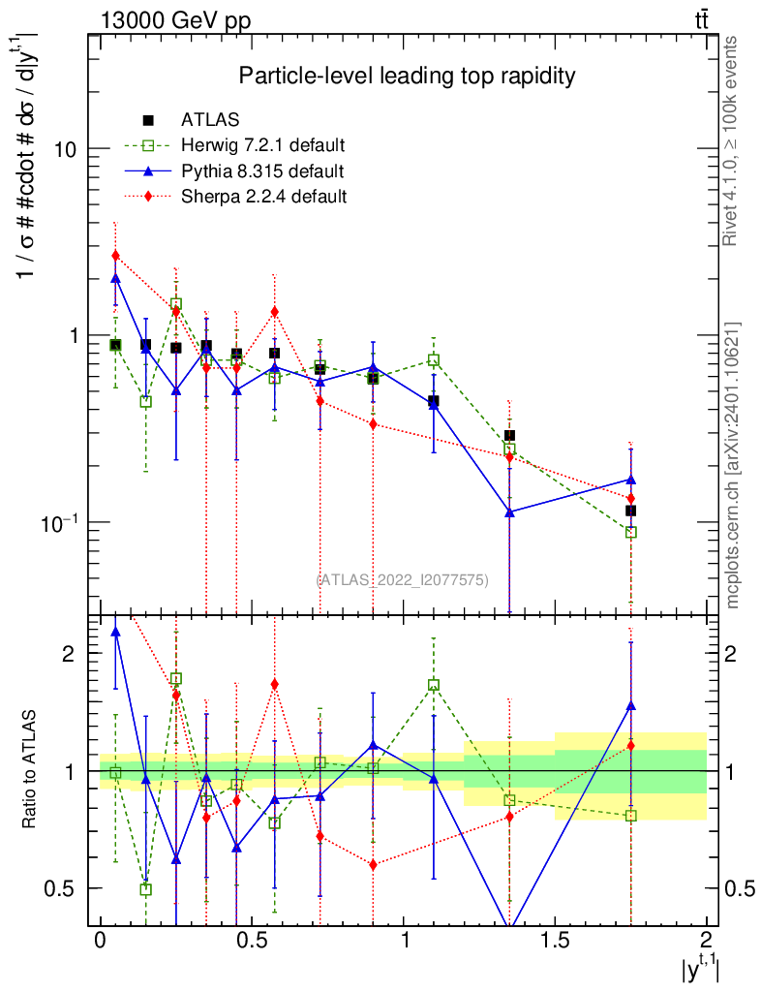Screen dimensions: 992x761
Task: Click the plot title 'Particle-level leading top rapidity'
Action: click(408, 76)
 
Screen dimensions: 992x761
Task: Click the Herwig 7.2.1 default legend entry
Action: click(262, 146)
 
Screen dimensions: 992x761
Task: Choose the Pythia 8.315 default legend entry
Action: click(261, 171)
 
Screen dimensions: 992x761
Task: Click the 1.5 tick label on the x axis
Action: click(555, 940)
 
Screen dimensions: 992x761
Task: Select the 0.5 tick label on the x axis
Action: click(251, 940)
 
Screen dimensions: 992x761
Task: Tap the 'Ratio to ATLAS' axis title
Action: click(29, 768)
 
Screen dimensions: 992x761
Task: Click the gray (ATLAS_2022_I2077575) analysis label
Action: click(403, 580)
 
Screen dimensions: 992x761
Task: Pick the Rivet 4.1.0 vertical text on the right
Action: click(733, 140)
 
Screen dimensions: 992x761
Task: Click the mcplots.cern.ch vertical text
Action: click(733, 465)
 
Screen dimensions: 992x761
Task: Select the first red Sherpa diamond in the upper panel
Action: click(115, 256)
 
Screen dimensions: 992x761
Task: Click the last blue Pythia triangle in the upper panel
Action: click(631, 480)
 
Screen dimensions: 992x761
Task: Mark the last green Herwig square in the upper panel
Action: click(631, 533)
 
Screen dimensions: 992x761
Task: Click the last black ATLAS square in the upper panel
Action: click(631, 511)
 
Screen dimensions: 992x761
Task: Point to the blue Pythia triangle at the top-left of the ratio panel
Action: click(116, 632)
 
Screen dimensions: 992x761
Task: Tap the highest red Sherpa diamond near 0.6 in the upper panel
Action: click(275, 312)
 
